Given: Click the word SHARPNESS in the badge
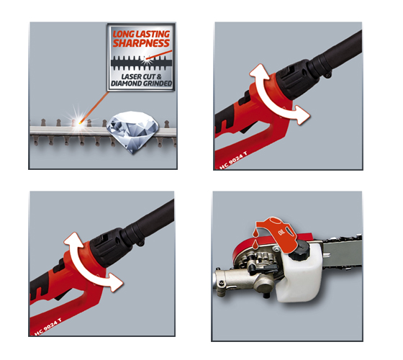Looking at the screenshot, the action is [141, 43].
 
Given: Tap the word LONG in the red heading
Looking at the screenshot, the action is [123, 34].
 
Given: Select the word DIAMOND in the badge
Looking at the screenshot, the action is [125, 84].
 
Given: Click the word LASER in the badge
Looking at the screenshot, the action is [132, 76].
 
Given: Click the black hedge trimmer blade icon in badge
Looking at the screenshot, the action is [141, 63].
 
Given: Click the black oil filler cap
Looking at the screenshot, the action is [299, 248].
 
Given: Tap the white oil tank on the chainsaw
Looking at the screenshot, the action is [302, 273].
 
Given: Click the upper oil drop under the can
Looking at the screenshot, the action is [255, 233].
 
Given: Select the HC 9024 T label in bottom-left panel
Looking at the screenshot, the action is [48, 327].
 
